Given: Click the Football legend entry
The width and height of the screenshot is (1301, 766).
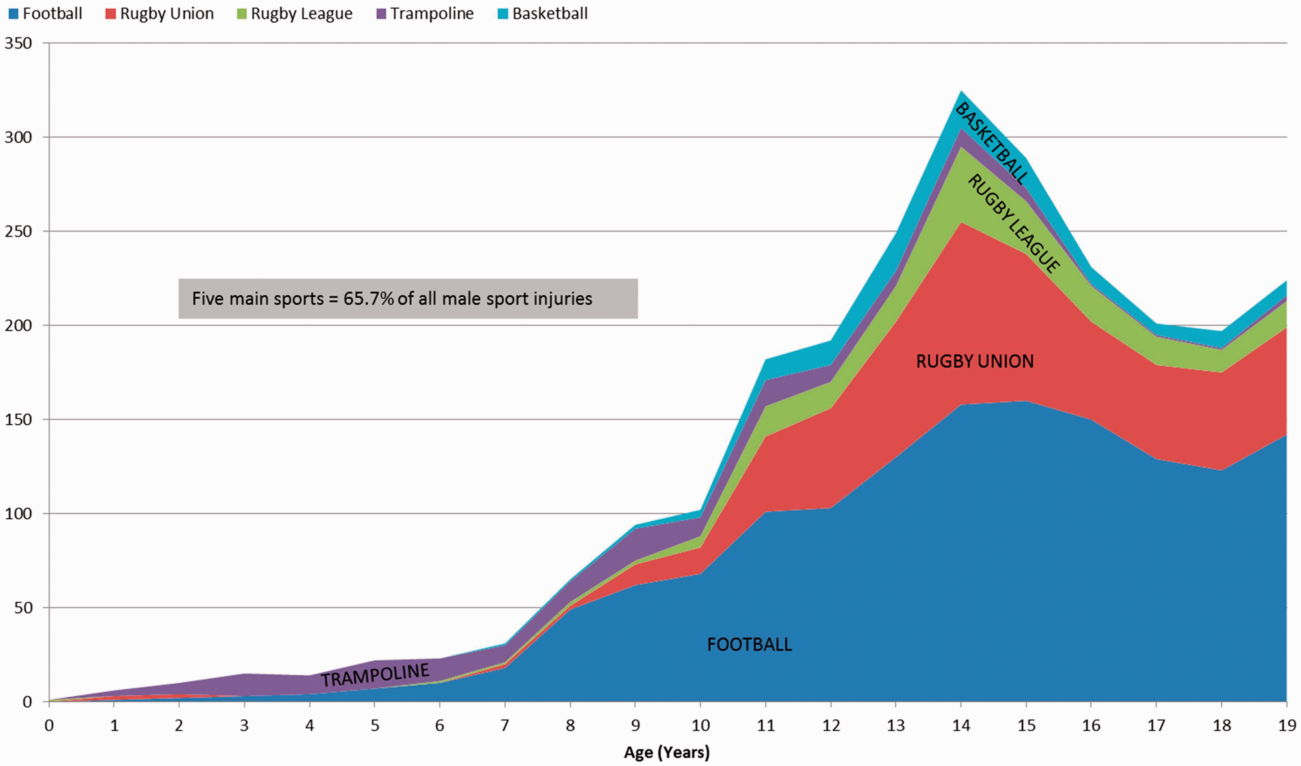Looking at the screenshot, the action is click(x=46, y=13).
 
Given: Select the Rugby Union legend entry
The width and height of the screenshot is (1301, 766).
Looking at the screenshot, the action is click(x=159, y=13).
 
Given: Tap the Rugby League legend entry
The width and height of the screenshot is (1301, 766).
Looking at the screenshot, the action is click(x=295, y=13).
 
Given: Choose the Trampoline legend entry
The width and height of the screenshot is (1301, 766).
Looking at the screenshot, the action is click(x=425, y=13).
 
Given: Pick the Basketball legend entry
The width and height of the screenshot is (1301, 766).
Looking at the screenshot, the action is click(x=543, y=13).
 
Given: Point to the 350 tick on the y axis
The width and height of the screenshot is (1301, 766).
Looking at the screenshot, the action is click(x=18, y=43).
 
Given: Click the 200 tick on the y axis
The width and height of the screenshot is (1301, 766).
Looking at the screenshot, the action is click(x=18, y=326).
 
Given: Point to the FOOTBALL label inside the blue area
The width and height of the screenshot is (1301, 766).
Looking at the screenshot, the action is click(x=750, y=645).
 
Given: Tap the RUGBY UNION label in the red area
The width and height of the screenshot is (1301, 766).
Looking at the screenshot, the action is click(x=975, y=361).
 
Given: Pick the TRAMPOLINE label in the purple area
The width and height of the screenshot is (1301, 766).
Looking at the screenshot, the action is click(x=375, y=675).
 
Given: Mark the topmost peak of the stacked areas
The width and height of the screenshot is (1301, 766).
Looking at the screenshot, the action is click(x=961, y=91).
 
